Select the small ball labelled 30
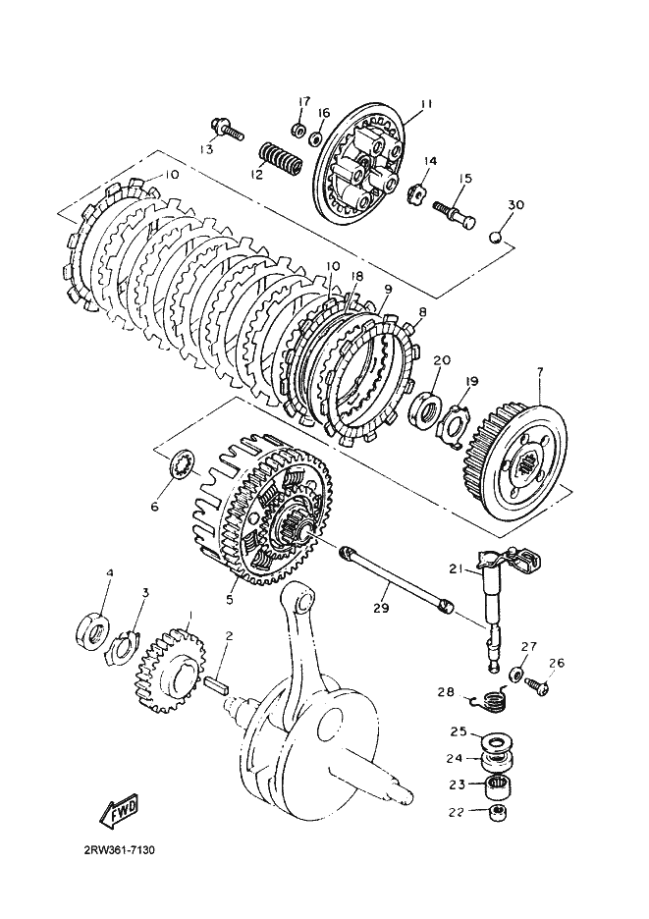click(x=497, y=237)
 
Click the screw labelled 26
click(x=536, y=686)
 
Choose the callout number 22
click(x=457, y=812)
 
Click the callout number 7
click(x=539, y=370)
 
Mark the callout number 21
click(x=457, y=568)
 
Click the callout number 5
click(x=229, y=600)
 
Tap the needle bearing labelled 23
click(x=495, y=784)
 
